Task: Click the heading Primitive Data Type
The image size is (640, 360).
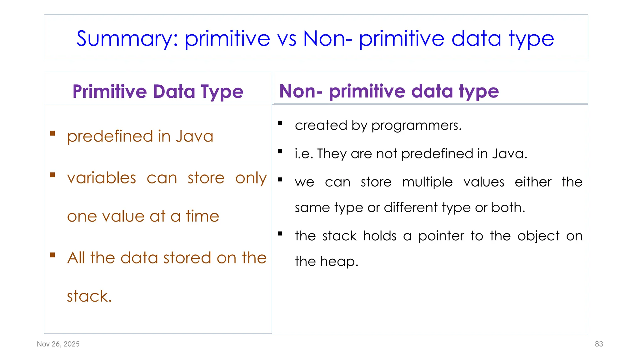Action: (158, 92)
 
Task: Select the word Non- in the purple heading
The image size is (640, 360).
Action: (301, 91)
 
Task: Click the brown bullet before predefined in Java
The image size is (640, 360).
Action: (52, 133)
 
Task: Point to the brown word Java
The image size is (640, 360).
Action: (194, 137)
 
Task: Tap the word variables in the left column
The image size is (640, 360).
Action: (102, 178)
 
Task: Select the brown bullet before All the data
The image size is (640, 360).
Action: (52, 255)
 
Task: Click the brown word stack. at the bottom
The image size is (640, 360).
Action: (89, 296)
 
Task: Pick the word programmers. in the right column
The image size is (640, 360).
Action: (416, 126)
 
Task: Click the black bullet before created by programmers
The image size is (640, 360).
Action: (280, 123)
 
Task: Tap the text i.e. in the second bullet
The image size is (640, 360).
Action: (304, 154)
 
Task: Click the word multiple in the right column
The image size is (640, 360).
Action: (427, 182)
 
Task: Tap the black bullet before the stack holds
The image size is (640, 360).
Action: (280, 233)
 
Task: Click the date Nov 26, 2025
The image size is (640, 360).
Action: (58, 344)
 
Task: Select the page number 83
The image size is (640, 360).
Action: (599, 344)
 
